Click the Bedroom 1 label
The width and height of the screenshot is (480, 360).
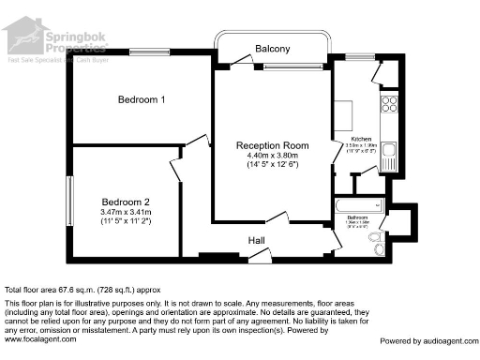click(142, 99)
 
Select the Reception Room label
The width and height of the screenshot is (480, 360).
click(272, 145)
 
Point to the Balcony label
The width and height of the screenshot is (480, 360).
click(273, 49)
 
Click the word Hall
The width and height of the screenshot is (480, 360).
click(256, 241)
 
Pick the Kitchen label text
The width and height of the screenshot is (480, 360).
click(359, 137)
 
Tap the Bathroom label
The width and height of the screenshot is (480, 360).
click(358, 217)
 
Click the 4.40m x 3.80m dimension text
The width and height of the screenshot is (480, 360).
click(272, 156)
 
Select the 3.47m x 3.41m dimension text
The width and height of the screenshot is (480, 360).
click(126, 214)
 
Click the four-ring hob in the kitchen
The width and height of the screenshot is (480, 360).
click(388, 105)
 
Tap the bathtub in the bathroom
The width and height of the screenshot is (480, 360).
click(357, 204)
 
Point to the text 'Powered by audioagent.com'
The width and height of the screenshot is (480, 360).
click(427, 340)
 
